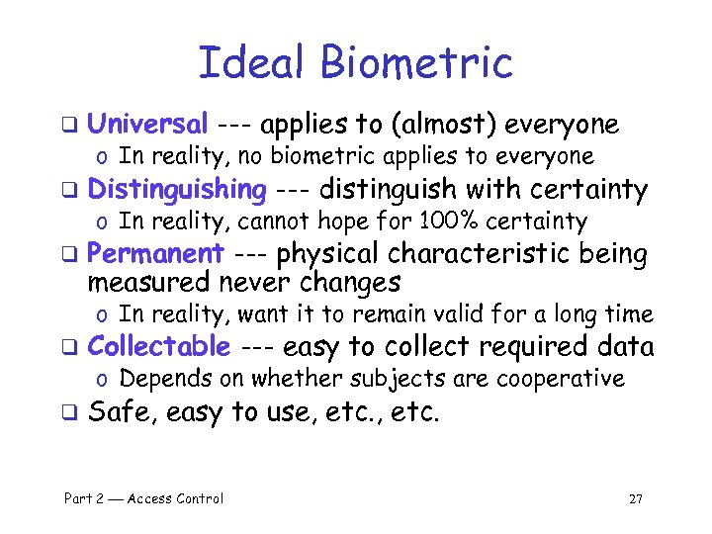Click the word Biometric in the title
pyautogui.click(x=415, y=62)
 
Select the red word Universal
pyautogui.click(x=147, y=125)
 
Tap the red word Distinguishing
pyautogui.click(x=177, y=189)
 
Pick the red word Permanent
pyautogui.click(x=155, y=254)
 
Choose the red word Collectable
pyautogui.click(x=159, y=347)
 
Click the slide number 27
pyautogui.click(x=636, y=498)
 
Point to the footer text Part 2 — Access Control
pyautogui.click(x=143, y=498)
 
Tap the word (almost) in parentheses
pyautogui.click(x=447, y=125)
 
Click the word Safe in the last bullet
pyautogui.click(x=122, y=412)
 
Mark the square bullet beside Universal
pyautogui.click(x=69, y=126)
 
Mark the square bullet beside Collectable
pyautogui.click(x=69, y=348)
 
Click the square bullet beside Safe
pyautogui.click(x=69, y=413)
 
